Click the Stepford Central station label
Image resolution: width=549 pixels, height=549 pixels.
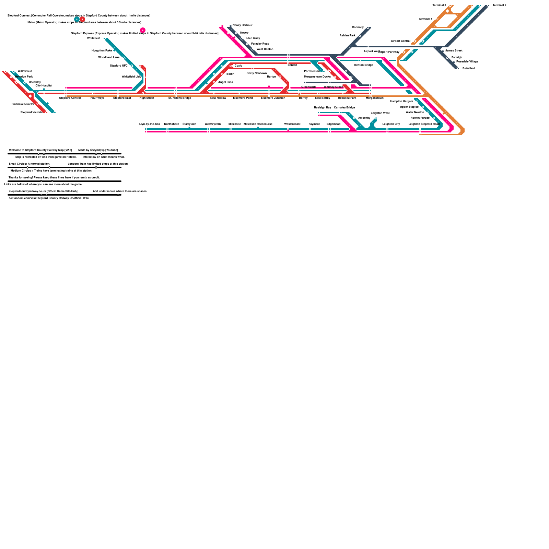[x=70, y=98]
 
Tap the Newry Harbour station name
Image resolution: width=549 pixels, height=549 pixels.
[x=242, y=25]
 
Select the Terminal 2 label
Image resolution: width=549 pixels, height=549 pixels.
[x=499, y=5]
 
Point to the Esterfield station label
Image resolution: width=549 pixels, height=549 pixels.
[x=468, y=69]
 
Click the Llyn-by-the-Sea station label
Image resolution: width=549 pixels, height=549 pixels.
[x=149, y=124]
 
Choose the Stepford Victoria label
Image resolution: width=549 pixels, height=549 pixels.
[x=31, y=112]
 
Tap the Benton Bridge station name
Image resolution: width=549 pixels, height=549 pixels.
[x=363, y=65]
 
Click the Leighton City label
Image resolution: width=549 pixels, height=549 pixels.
[x=391, y=124]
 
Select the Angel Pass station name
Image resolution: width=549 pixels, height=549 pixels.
[x=225, y=82]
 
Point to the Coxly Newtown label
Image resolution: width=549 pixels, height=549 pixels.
[x=256, y=73]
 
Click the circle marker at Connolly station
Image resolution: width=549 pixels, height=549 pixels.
[x=367, y=27]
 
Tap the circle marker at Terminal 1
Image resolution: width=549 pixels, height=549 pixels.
[x=436, y=19]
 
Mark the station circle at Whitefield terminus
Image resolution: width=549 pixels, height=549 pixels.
[x=104, y=38]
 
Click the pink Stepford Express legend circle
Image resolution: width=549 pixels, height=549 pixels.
[x=143, y=30]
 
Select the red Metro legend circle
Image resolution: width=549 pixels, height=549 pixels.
[x=82, y=19]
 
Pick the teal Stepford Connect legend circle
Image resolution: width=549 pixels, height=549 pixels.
[x=77, y=19]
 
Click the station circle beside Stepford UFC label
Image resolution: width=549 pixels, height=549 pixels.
[x=132, y=66]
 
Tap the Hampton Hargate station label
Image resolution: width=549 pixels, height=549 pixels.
[x=401, y=102]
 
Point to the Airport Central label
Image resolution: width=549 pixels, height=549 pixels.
[x=400, y=41]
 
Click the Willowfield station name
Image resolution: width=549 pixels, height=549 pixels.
[x=25, y=71]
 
